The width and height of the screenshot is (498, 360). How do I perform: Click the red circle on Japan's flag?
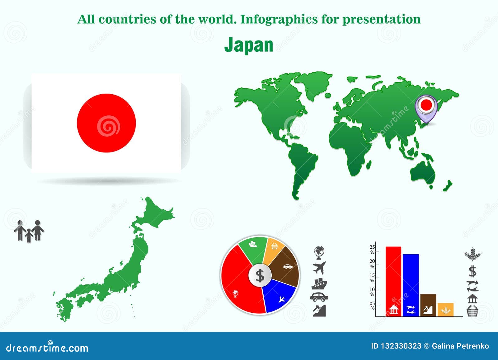106,123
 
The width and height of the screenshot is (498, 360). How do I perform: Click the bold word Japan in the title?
249,45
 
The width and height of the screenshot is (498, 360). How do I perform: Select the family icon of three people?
29,231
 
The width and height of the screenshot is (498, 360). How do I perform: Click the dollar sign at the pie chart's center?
260,276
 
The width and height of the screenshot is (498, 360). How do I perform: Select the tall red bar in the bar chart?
393,282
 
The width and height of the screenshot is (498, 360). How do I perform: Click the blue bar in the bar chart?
411,285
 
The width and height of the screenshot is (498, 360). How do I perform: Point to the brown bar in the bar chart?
428,305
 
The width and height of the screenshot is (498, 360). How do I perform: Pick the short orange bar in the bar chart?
445,310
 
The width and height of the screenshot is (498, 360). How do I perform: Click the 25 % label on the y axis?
372,249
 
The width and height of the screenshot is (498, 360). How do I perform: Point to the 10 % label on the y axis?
372,292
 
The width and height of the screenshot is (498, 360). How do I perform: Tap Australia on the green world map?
422,172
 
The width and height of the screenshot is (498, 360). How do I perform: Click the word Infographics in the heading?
279,19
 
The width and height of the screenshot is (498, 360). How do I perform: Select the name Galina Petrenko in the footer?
460,346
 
